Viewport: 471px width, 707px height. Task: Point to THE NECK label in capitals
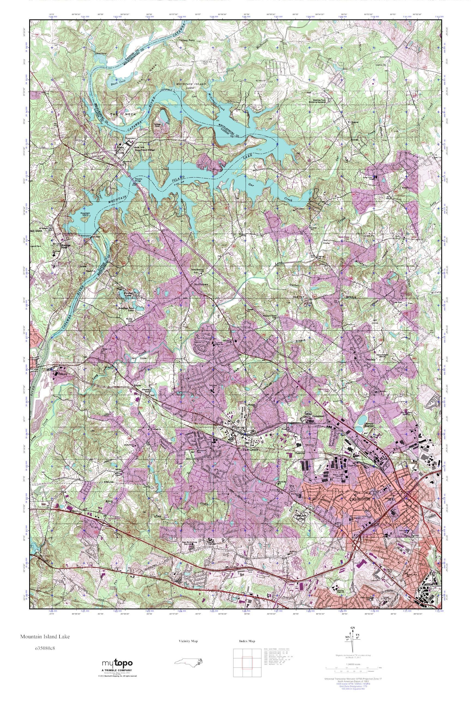click(x=123, y=115)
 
